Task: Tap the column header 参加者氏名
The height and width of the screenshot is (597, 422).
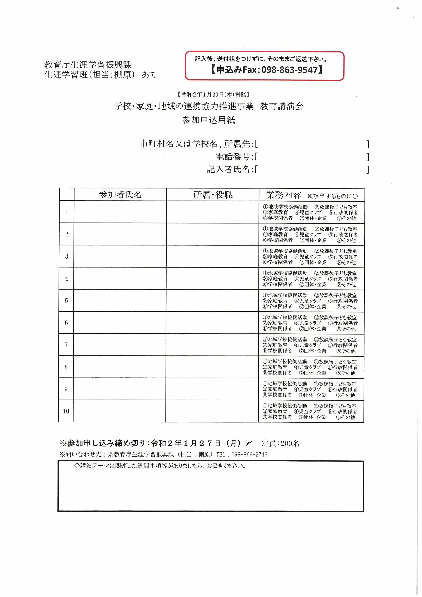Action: [120, 195]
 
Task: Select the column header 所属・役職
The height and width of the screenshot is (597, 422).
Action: [213, 195]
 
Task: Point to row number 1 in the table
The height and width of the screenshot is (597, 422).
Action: [67, 212]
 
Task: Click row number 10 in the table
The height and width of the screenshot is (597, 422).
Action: [66, 411]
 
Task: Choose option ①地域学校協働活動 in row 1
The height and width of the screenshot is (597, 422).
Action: [285, 207]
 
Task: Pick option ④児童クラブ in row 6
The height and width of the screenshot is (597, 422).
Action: [307, 323]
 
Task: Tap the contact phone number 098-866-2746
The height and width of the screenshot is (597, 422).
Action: [249, 454]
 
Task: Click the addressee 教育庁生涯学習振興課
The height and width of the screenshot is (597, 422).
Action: [88, 65]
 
